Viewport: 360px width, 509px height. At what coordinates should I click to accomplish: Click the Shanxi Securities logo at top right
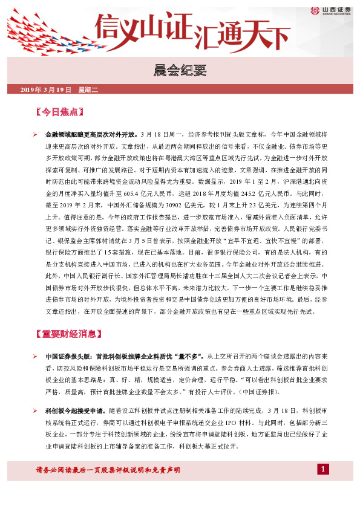pyautogui.click(x=332, y=10)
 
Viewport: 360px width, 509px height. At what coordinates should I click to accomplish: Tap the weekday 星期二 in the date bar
pyautogui.click(x=88, y=89)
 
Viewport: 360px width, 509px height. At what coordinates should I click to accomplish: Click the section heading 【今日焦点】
pyautogui.click(x=59, y=112)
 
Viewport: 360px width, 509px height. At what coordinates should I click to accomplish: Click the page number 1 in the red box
pyautogui.click(x=323, y=470)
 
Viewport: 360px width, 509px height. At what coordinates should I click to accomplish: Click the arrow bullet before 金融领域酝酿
pyautogui.click(x=36, y=135)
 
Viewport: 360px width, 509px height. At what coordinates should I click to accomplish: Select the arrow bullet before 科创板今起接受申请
pyautogui.click(x=36, y=410)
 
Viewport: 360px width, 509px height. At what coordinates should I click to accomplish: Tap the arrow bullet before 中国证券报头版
pyautogui.click(x=36, y=356)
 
